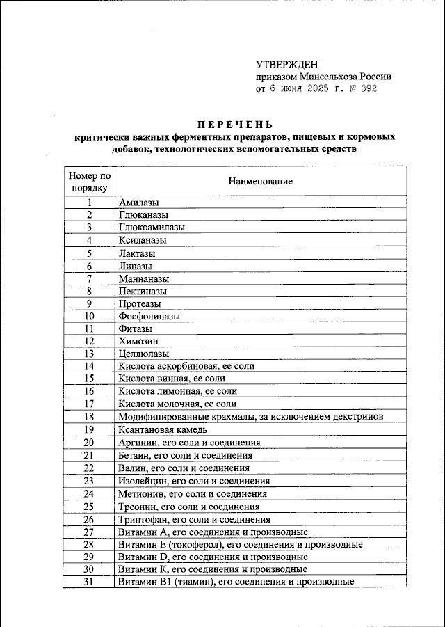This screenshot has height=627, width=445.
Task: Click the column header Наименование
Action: (x=260, y=181)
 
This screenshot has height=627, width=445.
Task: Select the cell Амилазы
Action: (x=138, y=203)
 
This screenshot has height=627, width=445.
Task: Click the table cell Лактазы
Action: (x=137, y=253)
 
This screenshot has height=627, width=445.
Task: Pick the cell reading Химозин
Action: (x=138, y=341)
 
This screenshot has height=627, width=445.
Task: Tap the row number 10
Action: (x=89, y=316)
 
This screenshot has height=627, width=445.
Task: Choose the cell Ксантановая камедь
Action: (x=161, y=429)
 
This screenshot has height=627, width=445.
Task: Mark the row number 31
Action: (x=89, y=582)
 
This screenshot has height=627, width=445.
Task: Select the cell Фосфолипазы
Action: (x=149, y=316)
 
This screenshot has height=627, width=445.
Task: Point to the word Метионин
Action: (x=140, y=493)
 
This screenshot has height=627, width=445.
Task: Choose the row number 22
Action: (x=89, y=468)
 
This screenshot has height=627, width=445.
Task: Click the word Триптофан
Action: (x=143, y=518)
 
